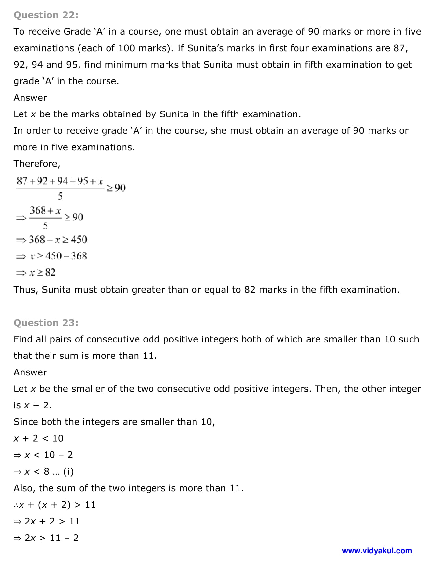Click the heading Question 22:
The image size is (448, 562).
[x=46, y=15]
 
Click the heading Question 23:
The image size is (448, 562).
[x=46, y=323]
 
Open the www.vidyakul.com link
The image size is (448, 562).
[x=377, y=551]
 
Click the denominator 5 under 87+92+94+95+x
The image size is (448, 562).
[x=60, y=196]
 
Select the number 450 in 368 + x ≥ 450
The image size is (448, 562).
[x=79, y=240]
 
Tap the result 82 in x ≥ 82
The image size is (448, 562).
[x=50, y=273]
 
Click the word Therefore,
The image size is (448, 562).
[x=37, y=164]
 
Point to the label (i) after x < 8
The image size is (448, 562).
[x=68, y=471]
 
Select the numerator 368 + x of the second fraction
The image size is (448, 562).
[x=45, y=211]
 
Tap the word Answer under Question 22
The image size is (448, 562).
[x=30, y=98]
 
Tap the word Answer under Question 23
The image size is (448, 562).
[x=30, y=372]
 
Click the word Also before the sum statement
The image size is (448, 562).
[x=24, y=488]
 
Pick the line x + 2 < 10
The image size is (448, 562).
[x=38, y=438]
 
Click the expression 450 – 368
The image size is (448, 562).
[x=66, y=256]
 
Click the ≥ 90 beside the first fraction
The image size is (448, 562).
[x=116, y=188]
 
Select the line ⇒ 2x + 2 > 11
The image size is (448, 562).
[x=47, y=521]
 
